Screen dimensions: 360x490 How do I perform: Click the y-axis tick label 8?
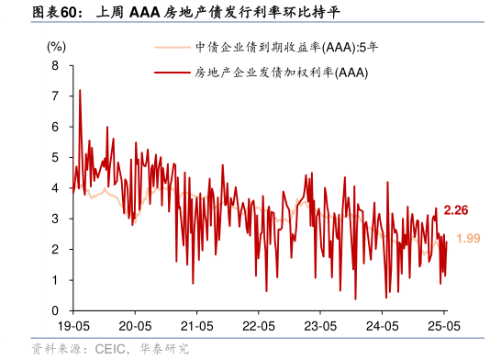[55, 65]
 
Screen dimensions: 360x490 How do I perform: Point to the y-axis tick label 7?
[55, 96]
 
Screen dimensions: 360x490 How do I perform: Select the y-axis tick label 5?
[55, 157]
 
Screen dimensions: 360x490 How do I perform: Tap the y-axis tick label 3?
[55, 219]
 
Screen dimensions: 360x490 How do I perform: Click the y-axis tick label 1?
[55, 280]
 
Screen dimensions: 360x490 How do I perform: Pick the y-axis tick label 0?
[55, 310]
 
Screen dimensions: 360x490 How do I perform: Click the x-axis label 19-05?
[72, 326]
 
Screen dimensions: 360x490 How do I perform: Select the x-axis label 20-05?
[135, 326]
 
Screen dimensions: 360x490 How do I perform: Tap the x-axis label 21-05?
[196, 326]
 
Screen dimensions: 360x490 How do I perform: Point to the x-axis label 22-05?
[259, 326]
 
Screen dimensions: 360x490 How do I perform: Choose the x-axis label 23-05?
[320, 326]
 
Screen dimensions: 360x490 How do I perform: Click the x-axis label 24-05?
[383, 326]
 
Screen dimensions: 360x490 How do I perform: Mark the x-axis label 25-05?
[443, 326]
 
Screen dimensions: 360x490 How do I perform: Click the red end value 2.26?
[456, 210]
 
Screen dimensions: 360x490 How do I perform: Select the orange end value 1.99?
[468, 239]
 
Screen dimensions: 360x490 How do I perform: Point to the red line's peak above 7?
[80, 90]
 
